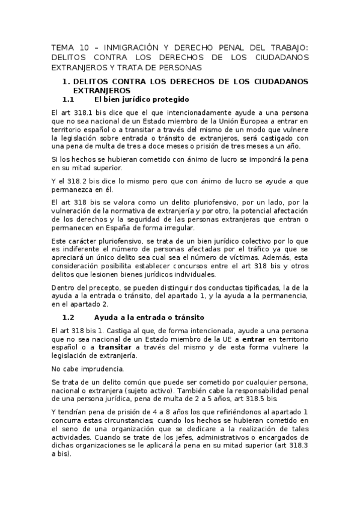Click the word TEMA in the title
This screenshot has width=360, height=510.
click(61, 47)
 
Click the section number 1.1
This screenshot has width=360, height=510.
click(68, 99)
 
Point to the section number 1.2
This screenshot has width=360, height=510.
click(68, 317)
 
